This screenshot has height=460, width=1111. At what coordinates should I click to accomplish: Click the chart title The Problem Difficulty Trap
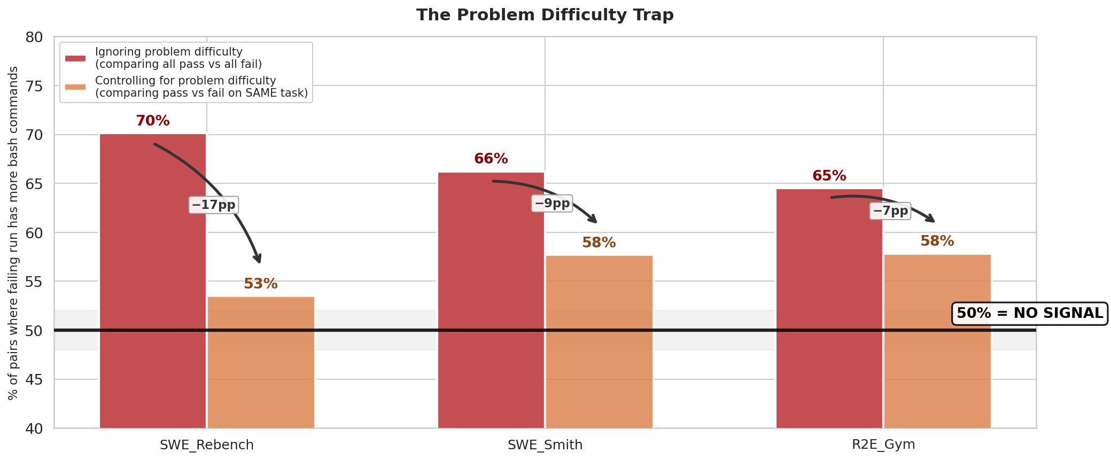(545, 15)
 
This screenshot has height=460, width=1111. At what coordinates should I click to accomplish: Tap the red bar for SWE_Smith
(491, 299)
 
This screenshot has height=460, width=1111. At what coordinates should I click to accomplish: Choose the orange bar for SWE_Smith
(599, 342)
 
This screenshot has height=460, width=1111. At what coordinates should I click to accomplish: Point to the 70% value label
(153, 121)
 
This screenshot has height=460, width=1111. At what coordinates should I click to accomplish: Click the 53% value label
(261, 284)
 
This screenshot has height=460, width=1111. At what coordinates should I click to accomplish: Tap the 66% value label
(491, 159)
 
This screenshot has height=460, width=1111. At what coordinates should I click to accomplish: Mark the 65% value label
(829, 176)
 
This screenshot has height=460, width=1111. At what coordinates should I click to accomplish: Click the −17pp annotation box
(214, 205)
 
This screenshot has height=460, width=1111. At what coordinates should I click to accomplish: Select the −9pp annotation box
(552, 204)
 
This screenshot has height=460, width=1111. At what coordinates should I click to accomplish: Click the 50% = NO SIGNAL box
(1029, 314)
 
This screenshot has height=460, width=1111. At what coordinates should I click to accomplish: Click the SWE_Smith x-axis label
(545, 445)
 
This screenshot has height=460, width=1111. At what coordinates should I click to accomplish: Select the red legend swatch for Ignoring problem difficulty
(75, 58)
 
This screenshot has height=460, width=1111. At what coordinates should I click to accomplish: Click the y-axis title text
(13, 233)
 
